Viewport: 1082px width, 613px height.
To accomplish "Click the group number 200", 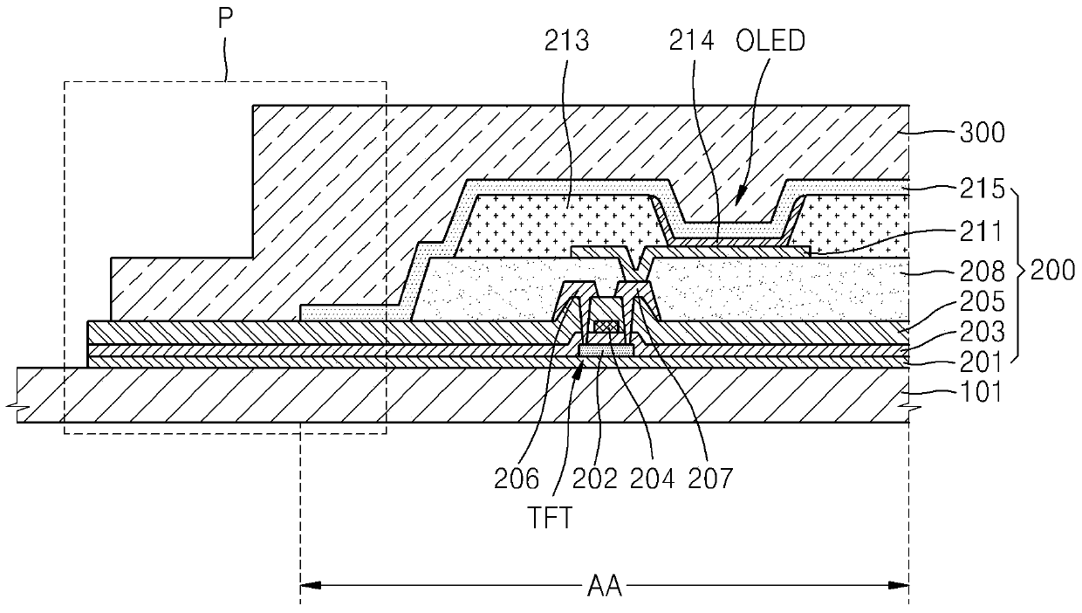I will click(1051, 272).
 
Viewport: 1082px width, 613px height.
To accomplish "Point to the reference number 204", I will click(653, 478).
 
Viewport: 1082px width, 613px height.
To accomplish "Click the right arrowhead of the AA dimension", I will click(903, 586).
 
